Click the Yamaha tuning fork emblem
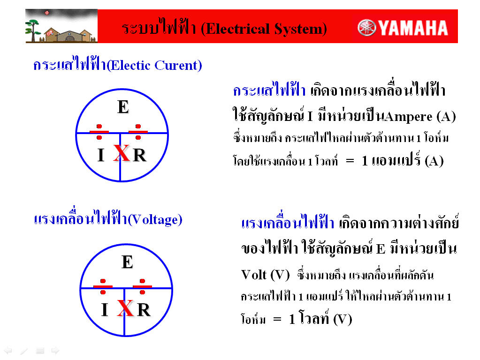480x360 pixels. tap(366, 28)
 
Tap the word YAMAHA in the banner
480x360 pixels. tap(413, 28)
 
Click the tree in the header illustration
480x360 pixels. tap(32, 30)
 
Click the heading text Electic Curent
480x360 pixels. tap(154, 65)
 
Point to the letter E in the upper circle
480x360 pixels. tap(123, 107)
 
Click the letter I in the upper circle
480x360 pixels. tap(101, 155)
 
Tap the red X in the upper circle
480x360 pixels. tap(122, 153)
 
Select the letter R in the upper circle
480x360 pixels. tap(140, 155)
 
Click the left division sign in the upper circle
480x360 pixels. tap(99, 132)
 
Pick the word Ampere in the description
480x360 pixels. tap(409, 117)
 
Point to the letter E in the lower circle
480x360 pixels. tap(127, 262)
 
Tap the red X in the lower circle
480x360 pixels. tap(125, 308)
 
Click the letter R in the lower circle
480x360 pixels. tap(144, 310)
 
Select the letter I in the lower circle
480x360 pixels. tap(105, 310)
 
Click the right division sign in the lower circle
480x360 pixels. tap(142, 286)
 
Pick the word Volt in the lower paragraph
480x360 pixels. tap(254, 275)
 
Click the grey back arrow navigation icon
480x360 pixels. tap(8, 351)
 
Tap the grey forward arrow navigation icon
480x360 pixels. tap(55, 351)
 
